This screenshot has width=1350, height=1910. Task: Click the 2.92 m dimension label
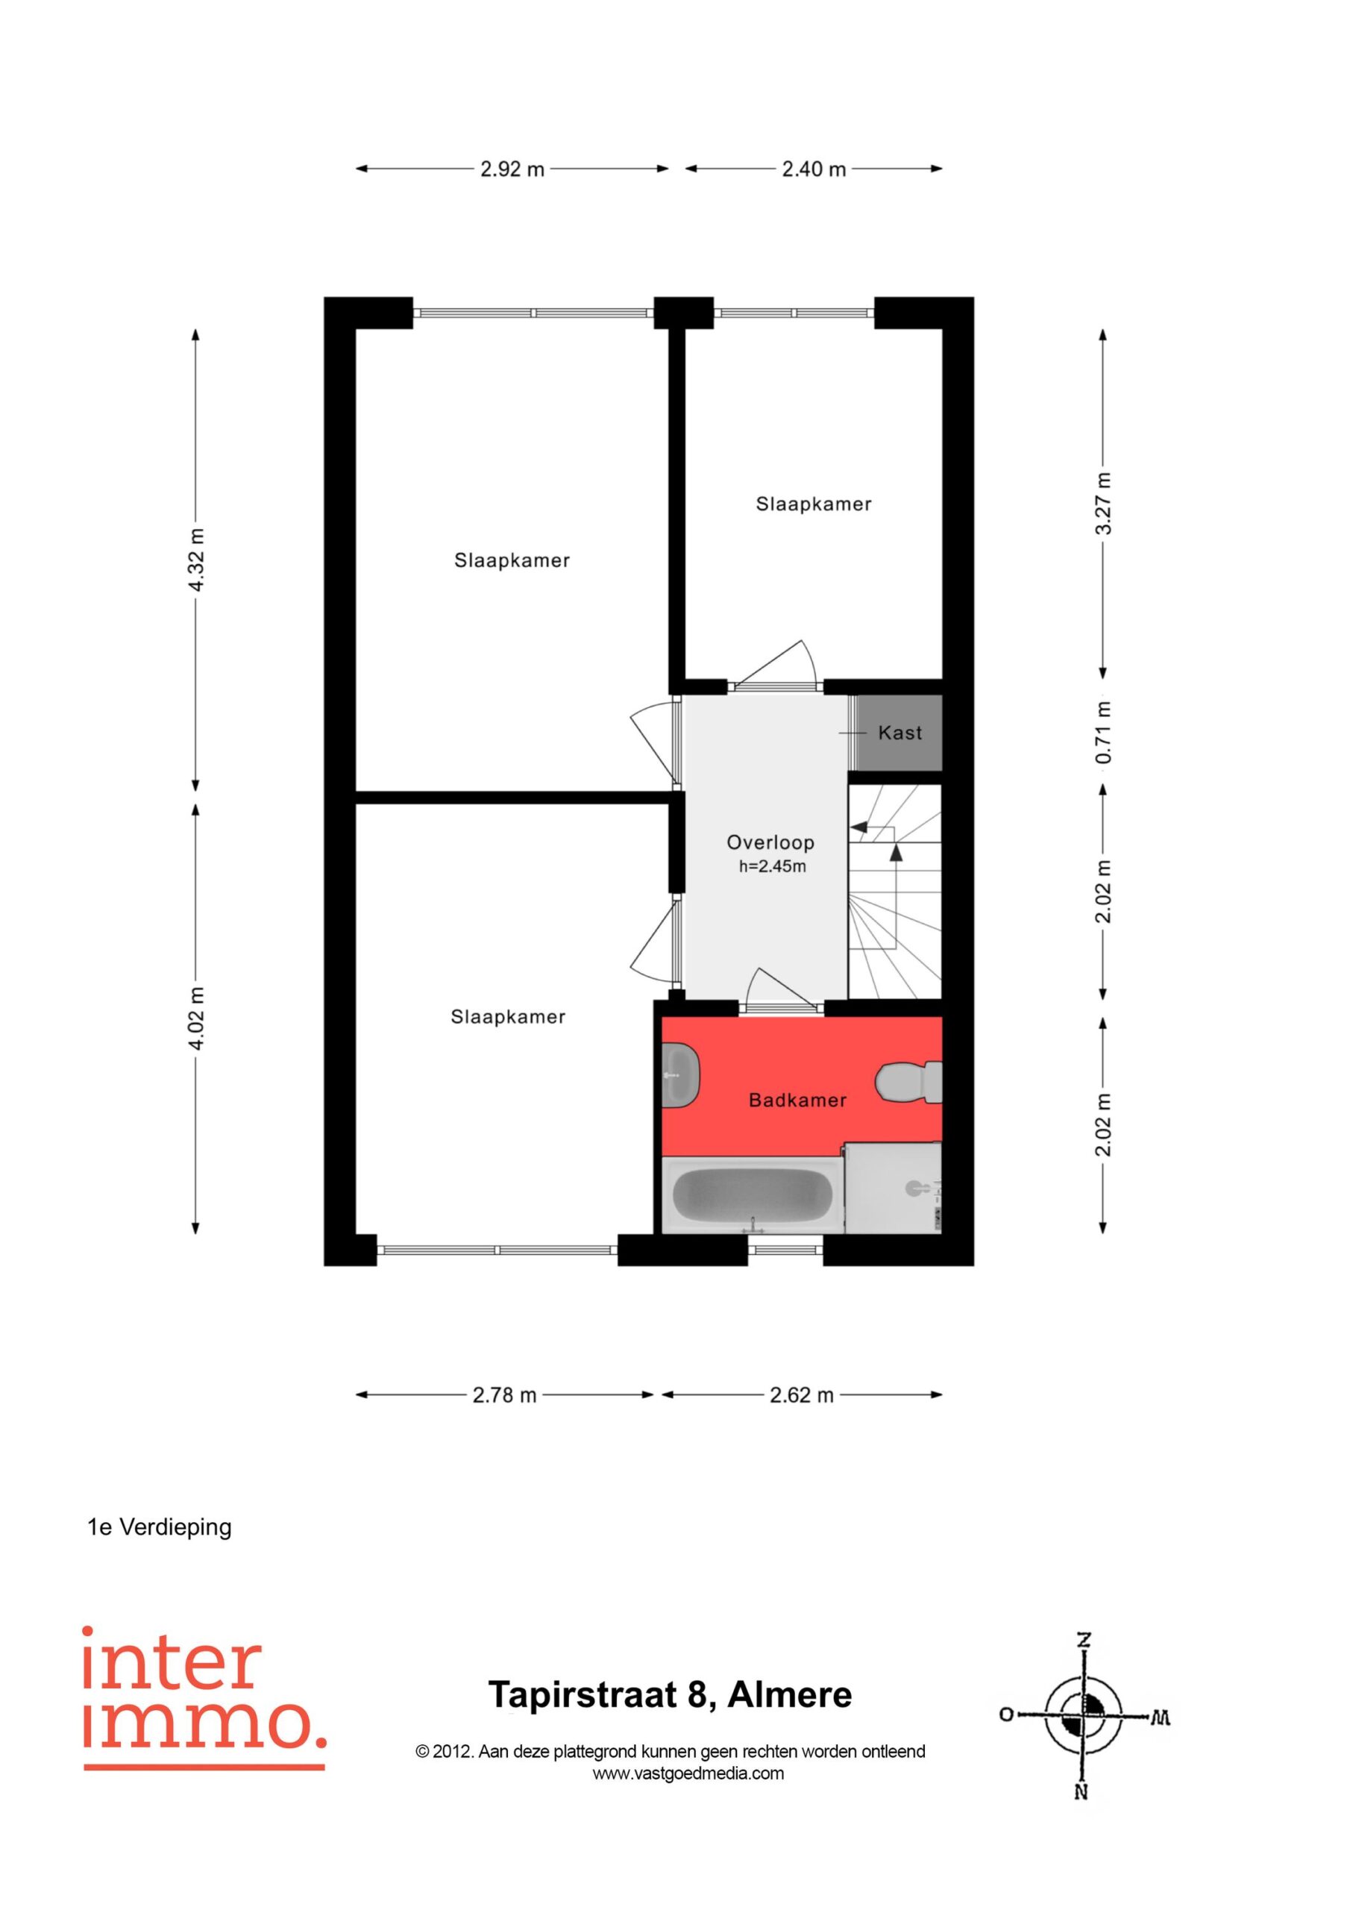pyautogui.click(x=512, y=169)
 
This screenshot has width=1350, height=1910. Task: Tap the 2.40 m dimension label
pyautogui.click(x=814, y=169)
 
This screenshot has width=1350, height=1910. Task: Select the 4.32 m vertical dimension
pyautogui.click(x=196, y=560)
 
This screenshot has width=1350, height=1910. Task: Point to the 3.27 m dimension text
pyautogui.click(x=1103, y=504)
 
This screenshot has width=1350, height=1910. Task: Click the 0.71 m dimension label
pyautogui.click(x=1103, y=732)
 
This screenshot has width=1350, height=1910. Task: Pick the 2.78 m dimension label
pyautogui.click(x=504, y=1395)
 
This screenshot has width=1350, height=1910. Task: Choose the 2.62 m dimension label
pyautogui.click(x=801, y=1395)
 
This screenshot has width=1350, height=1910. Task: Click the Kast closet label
pyautogui.click(x=900, y=733)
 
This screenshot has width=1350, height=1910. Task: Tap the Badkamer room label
pyautogui.click(x=797, y=1100)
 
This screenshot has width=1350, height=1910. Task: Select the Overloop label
pyautogui.click(x=770, y=842)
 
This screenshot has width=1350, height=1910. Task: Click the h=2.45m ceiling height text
pyautogui.click(x=773, y=867)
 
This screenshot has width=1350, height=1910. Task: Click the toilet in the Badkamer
pyautogui.click(x=908, y=1083)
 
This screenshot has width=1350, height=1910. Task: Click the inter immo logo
pyautogui.click(x=204, y=1698)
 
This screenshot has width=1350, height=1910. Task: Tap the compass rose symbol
pyautogui.click(x=1084, y=1716)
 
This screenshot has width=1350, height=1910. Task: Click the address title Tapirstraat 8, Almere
pyautogui.click(x=671, y=1694)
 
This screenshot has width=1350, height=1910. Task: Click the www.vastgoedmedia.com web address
pyautogui.click(x=688, y=1773)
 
